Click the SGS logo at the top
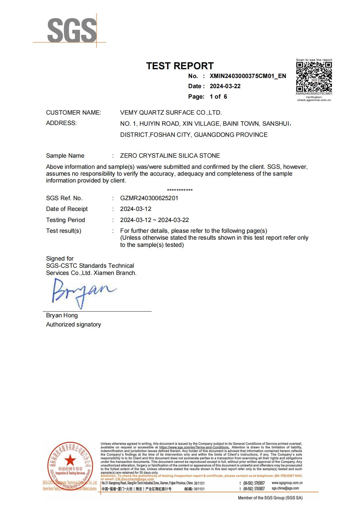(x=72, y=30)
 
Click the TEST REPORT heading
(x=180, y=66)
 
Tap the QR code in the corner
(x=314, y=77)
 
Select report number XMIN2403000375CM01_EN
(x=248, y=76)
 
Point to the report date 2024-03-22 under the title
(x=225, y=86)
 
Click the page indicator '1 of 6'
(x=218, y=97)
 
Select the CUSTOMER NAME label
(x=74, y=113)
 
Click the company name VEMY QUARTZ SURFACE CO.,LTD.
(x=171, y=113)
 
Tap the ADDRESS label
(x=61, y=123)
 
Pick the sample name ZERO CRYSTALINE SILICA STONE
(x=170, y=156)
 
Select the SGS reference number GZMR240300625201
(x=149, y=198)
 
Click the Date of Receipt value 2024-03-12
(x=136, y=209)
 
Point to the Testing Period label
(x=65, y=220)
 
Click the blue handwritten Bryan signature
(x=82, y=292)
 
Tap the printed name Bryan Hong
(x=62, y=315)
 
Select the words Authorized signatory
(x=73, y=325)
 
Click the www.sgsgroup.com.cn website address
(x=287, y=483)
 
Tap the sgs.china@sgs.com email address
(x=285, y=488)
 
